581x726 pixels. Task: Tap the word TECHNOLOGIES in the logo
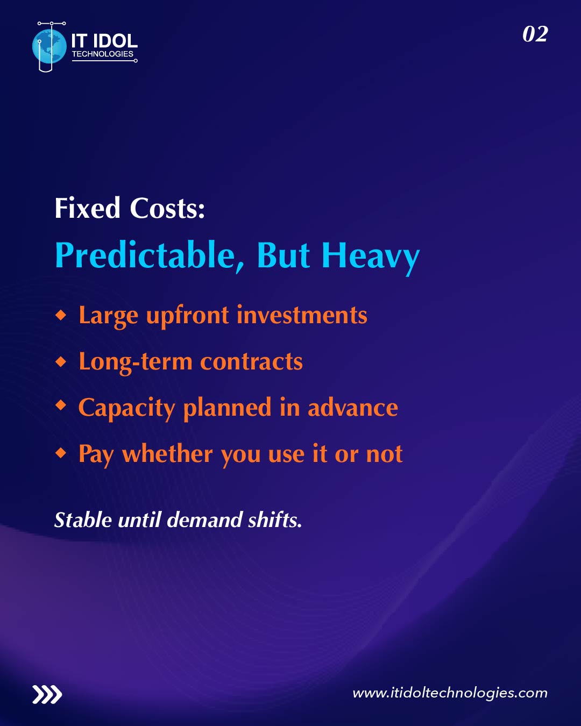[102, 54]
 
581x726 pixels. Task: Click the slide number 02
[535, 34]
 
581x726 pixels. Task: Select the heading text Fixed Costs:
[130, 209]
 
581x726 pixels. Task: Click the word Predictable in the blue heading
[145, 255]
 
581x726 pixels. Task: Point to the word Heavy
[370, 256]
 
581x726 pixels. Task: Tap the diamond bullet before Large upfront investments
[61, 315]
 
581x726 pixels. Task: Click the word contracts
[251, 362]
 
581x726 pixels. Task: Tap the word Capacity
[126, 408]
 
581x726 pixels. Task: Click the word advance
[352, 408]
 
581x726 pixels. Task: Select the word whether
[167, 454]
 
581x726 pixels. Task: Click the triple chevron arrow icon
[47, 694]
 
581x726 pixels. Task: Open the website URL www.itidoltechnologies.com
[450, 693]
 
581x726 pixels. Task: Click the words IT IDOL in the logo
[104, 41]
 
